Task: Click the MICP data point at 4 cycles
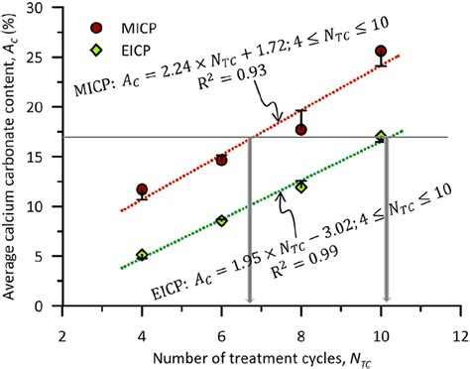pyautogui.click(x=142, y=189)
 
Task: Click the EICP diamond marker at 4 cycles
pyautogui.click(x=142, y=255)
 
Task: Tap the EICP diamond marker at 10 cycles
pyautogui.click(x=381, y=137)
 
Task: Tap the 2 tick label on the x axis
pyautogui.click(x=62, y=323)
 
